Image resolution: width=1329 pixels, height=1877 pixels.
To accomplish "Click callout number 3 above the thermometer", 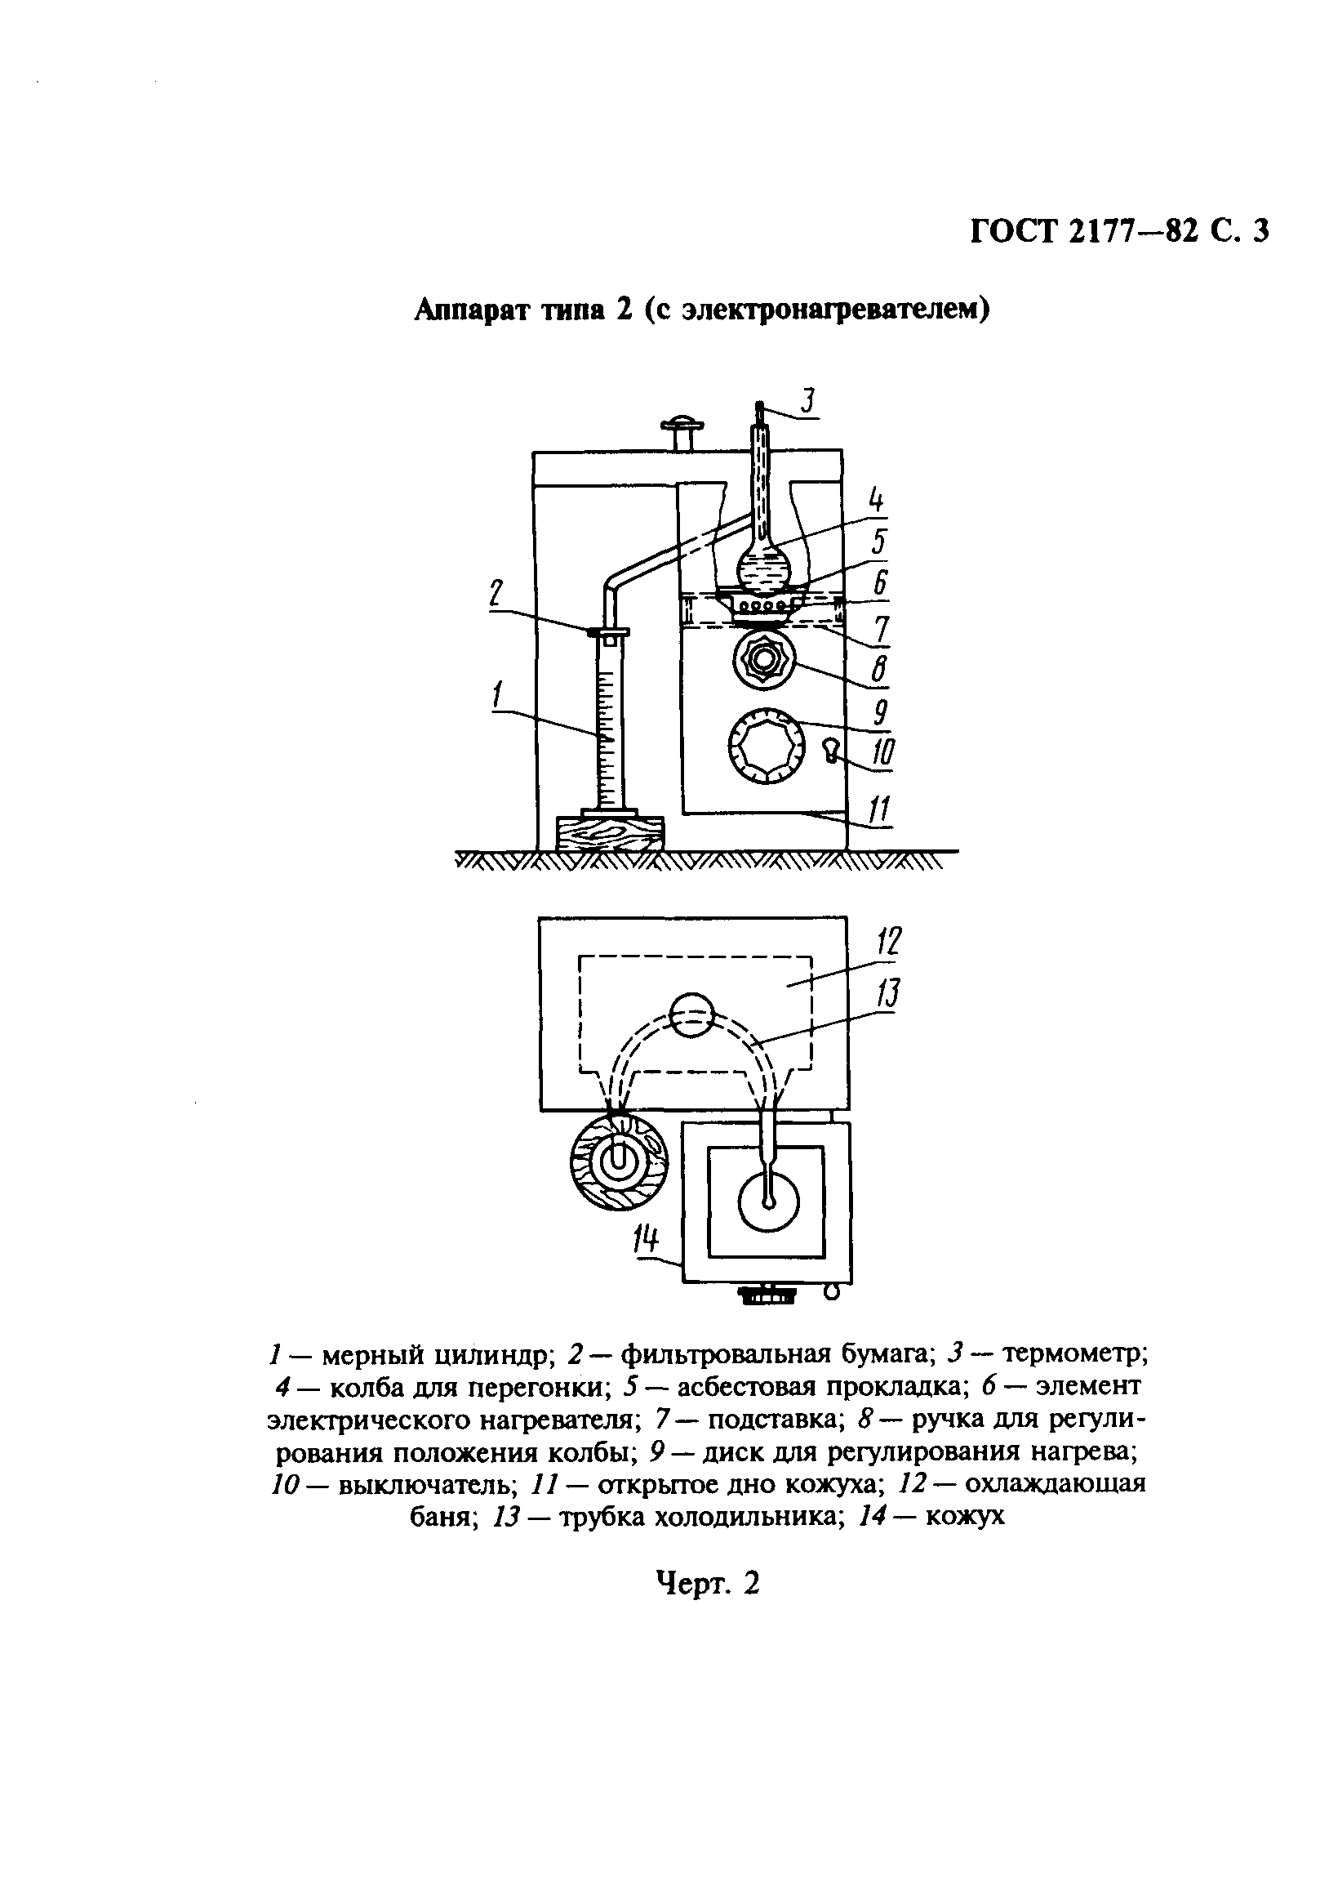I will point(807,401).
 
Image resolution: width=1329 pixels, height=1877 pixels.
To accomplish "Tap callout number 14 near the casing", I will point(646,1244).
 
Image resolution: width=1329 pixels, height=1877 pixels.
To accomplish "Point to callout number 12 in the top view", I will point(890,942).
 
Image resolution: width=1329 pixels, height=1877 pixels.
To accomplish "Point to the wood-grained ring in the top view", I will point(619,1161).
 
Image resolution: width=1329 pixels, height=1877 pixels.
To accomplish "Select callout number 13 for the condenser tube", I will point(889,995).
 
